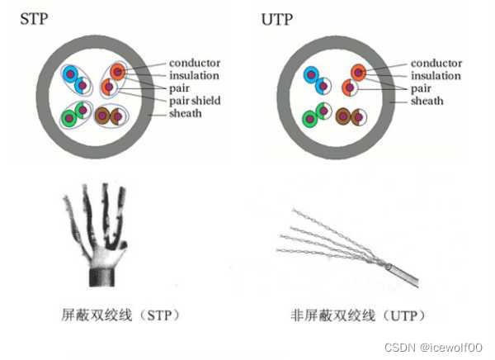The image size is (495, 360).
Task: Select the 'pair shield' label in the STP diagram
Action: point(195,101)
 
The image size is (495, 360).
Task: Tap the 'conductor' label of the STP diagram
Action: point(195,63)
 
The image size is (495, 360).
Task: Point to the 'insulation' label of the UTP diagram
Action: point(438,76)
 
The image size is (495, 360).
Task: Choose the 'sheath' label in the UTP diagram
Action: point(428,101)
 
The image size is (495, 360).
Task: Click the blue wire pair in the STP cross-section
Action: point(76,78)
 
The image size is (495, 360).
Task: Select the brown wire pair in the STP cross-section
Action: point(111,116)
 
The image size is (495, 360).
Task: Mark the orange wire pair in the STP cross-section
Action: point(113,78)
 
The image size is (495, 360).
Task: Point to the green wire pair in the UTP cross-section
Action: point(316,115)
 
